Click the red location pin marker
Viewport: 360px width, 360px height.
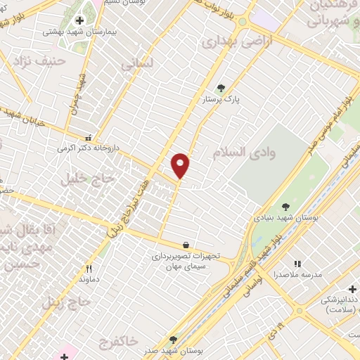181,165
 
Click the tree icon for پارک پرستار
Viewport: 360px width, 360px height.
221,88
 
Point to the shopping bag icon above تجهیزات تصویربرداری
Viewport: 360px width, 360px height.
186,245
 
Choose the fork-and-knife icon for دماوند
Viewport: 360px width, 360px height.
89,269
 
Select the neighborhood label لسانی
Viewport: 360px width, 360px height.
137,64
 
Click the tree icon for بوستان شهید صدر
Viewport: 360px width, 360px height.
174,340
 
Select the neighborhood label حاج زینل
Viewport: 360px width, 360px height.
67,302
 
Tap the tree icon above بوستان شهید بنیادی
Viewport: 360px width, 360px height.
285,207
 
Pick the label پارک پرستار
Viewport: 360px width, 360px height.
221,100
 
